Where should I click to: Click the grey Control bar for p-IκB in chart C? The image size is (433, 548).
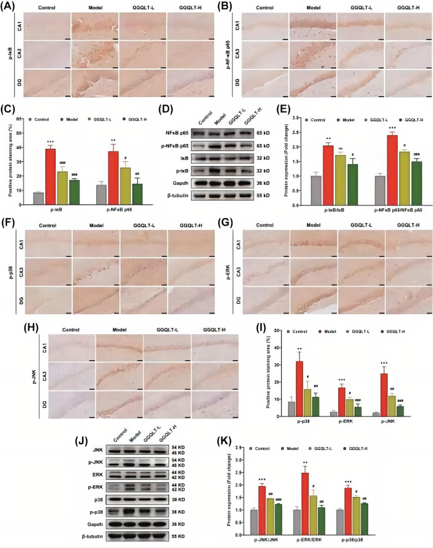(x=38, y=199)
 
